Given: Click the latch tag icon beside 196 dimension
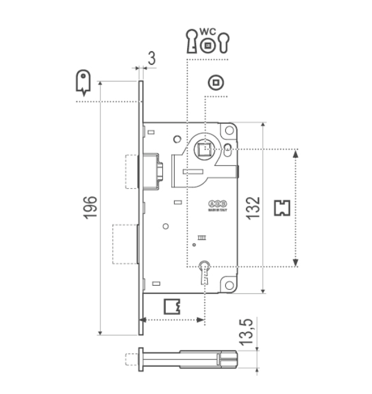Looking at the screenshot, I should point(83,82).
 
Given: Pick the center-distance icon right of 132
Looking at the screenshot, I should point(282,207).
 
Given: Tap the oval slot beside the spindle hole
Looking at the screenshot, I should point(229,148).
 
